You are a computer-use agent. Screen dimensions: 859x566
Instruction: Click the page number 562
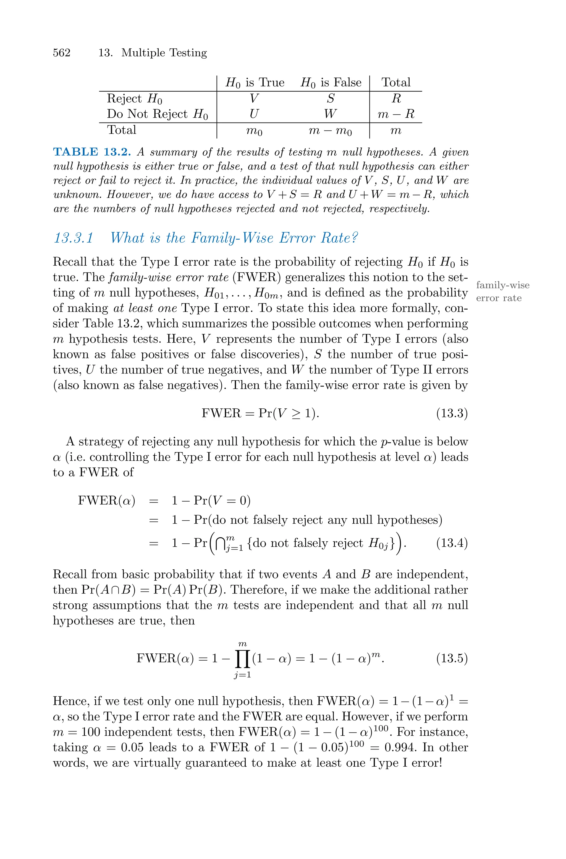pos(62,53)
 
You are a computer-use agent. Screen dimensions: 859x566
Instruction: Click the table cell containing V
pos(254,98)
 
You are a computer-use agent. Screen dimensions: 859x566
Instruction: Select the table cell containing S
pos(330,98)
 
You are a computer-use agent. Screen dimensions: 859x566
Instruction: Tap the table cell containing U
pos(254,114)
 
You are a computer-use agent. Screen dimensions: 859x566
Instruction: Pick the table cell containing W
pos(330,114)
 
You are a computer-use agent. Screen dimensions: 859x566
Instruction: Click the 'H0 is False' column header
pos(331,83)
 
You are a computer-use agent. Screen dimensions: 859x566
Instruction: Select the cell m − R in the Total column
pos(396,114)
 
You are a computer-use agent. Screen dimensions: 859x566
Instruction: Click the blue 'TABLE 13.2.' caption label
pos(92,152)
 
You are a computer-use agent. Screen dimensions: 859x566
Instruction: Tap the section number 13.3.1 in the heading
pos(74,238)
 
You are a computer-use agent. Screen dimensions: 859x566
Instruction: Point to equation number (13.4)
pos(452,543)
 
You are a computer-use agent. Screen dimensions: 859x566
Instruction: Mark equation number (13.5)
pos(452,658)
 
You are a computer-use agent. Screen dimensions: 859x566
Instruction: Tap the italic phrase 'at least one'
pos(145,308)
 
